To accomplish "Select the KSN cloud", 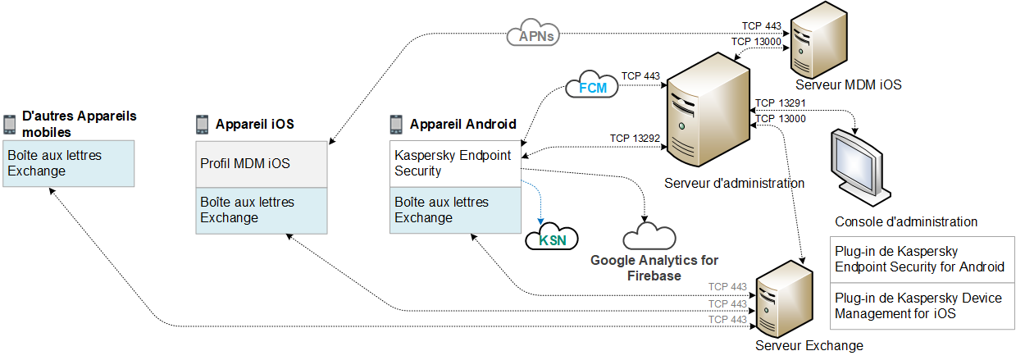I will coord(551,239).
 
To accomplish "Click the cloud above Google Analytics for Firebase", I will coord(649,237).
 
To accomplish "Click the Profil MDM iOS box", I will coord(262,163).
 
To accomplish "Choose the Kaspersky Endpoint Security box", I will coord(455,163).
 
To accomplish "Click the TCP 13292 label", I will coord(635,138).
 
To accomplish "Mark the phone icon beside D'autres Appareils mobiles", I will coord(10,124).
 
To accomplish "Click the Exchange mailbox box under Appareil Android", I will coord(455,210).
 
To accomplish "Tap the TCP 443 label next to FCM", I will coord(640,76).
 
